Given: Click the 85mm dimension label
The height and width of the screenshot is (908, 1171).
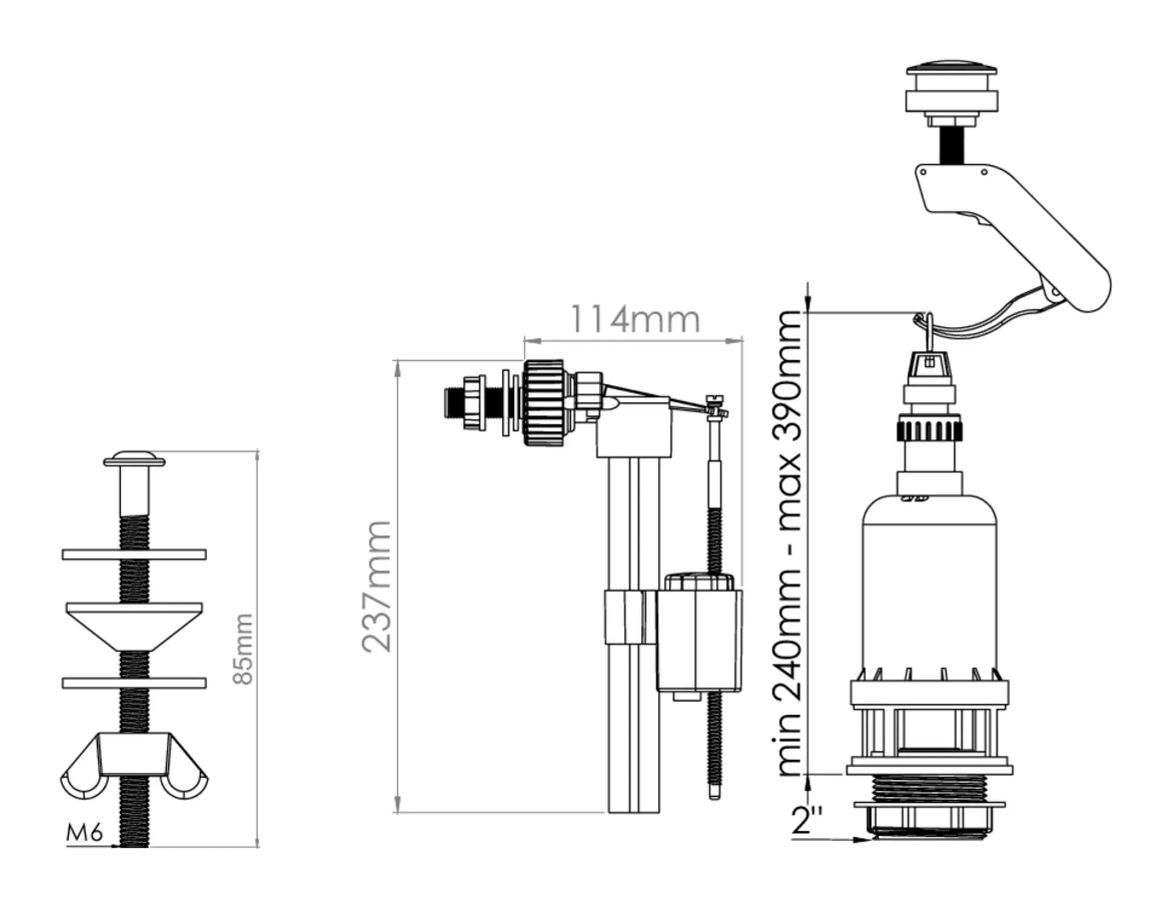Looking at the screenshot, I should coord(243,648).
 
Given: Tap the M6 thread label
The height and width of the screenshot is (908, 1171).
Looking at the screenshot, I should coord(84,832).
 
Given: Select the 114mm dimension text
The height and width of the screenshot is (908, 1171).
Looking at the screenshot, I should coord(635,320).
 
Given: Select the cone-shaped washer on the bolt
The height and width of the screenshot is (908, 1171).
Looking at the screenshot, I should coord(134,624).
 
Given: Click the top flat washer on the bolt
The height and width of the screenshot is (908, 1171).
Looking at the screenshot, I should coord(134,554).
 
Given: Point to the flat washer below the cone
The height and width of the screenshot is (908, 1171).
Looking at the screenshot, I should coord(134,683).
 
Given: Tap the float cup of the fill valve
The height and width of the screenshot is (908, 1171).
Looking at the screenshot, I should coord(699,639).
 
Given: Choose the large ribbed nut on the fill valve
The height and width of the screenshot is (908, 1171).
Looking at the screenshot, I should coord(543,402).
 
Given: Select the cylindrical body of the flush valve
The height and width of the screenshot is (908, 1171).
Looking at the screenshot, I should coord(929,586).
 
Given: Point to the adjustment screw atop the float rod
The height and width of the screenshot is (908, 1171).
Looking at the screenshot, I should coord(714,400).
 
